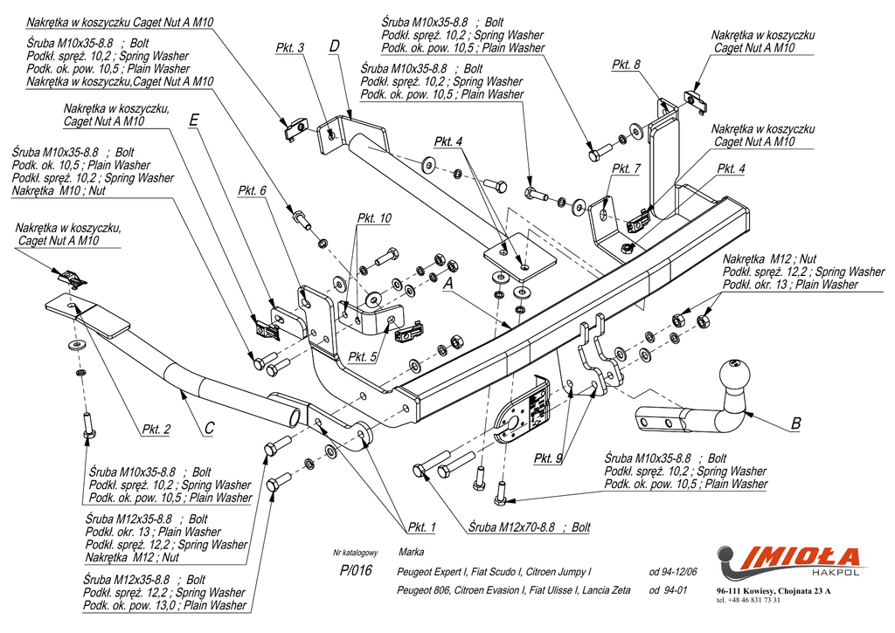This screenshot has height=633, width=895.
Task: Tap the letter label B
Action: click(795, 423)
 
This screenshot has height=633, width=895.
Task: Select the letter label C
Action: click(210, 428)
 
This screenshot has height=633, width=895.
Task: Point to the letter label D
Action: click(335, 45)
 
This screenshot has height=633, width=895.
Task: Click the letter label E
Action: click(194, 122)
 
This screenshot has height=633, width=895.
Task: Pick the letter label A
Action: click(447, 284)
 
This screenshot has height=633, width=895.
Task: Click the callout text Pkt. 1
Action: click(420, 526)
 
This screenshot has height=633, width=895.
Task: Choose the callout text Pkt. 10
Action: click(374, 218)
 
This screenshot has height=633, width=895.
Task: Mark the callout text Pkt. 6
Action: click(252, 190)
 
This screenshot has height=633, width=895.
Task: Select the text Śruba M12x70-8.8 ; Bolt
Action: click(529, 527)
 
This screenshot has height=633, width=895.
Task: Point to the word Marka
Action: click(411, 552)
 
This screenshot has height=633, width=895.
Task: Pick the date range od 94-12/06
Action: click(673, 572)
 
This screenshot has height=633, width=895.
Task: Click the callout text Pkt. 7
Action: click(627, 169)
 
